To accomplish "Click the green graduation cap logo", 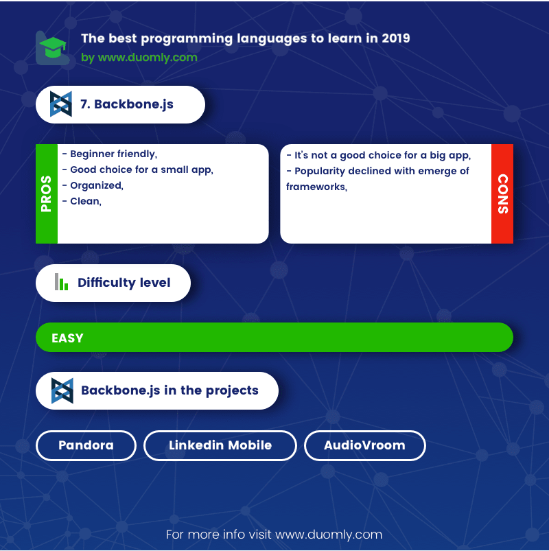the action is click(53, 47).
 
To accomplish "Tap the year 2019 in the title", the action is click(396, 38).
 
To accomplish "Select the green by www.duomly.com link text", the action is click(139, 57).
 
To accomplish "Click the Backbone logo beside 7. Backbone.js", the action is click(61, 104).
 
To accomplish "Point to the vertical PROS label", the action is click(47, 194).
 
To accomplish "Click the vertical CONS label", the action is click(503, 194).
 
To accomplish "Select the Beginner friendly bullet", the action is click(110, 154).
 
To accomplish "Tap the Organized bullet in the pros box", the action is click(93, 185).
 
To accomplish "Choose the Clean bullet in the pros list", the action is click(82, 201).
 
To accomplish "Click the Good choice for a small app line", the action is click(138, 169).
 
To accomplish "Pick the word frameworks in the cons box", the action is click(316, 187).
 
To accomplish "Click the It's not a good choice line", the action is click(379, 155).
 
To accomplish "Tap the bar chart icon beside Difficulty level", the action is click(61, 282).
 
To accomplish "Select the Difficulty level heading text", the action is click(124, 283).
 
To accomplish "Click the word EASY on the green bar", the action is click(67, 338).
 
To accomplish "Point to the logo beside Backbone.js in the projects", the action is click(62, 390).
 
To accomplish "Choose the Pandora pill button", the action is click(86, 445).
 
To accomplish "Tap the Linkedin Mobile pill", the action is click(220, 445).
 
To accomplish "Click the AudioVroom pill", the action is click(365, 445).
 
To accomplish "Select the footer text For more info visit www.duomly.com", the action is click(274, 535).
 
